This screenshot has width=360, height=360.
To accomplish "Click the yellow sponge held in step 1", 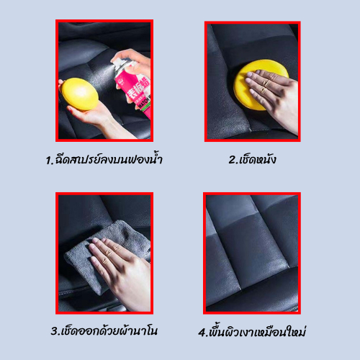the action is point(80,94).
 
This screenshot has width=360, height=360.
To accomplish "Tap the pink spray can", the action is point(133,88).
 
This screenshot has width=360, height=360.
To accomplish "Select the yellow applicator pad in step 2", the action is point(259,85).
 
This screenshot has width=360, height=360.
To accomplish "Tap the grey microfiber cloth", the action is point(108,254).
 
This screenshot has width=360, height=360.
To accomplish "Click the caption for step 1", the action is point(104,159).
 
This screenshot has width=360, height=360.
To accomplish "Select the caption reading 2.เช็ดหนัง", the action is point(252,159).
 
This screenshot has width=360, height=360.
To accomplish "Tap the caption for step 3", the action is point(104,330).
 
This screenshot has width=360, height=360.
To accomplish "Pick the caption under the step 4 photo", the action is point(252,331).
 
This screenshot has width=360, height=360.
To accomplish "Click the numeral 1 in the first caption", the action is point(49,161).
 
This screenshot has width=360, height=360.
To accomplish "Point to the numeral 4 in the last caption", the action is point(202,333).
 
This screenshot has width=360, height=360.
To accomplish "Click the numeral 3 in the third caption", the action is point(54,331).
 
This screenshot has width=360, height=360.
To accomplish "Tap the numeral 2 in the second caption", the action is point(233,160).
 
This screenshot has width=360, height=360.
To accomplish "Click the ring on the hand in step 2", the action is point(266,83).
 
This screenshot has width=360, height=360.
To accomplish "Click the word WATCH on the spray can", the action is point(144,103).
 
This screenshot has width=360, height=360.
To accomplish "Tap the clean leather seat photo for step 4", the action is point(252,253).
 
